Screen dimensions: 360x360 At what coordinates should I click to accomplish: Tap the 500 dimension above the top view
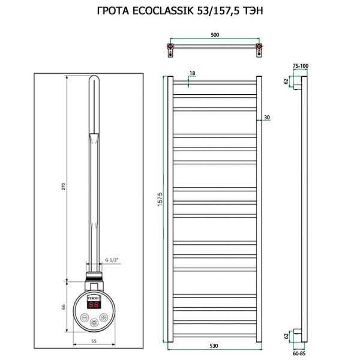(x=215, y=35)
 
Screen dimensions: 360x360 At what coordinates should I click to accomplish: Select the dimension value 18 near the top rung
(x=192, y=73)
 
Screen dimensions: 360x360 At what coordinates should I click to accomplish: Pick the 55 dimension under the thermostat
(x=94, y=340)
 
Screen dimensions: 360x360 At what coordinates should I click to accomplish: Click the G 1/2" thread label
(x=112, y=260)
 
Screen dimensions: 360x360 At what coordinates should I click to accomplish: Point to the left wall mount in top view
(x=172, y=47)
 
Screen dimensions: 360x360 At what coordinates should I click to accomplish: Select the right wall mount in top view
(x=259, y=47)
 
